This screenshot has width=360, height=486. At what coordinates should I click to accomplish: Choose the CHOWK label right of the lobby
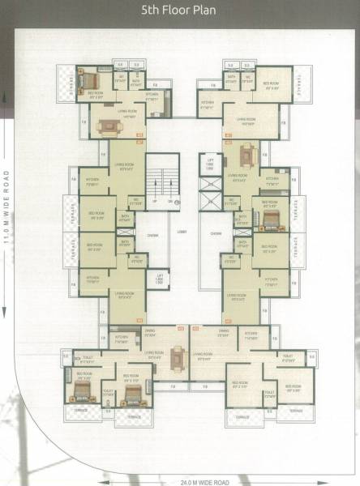[216, 234]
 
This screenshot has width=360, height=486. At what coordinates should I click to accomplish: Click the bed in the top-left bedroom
[87, 79]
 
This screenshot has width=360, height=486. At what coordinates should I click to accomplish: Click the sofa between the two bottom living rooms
[179, 354]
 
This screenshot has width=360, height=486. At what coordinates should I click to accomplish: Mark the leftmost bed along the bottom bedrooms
[81, 391]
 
